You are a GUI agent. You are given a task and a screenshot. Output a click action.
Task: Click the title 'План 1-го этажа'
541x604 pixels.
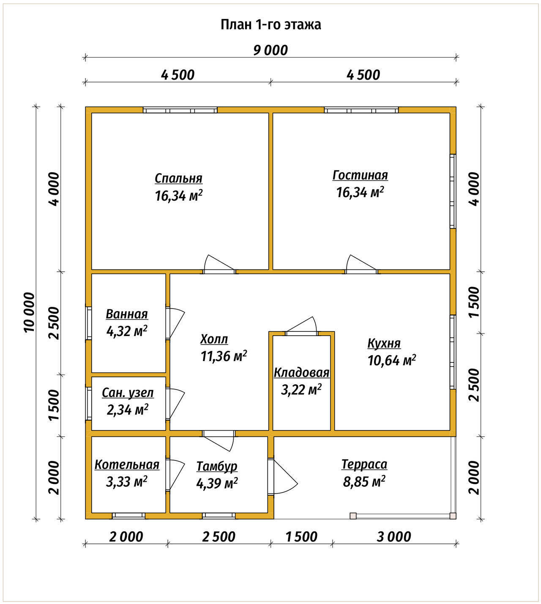tap(270, 25)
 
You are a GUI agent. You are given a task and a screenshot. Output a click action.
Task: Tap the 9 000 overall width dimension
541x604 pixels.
tap(270, 50)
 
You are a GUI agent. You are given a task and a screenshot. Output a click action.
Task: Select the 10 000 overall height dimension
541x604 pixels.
tap(30, 312)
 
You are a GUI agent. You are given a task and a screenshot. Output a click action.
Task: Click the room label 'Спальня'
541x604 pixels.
tap(178, 178)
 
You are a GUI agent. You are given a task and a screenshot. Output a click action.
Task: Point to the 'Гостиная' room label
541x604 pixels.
tap(360, 175)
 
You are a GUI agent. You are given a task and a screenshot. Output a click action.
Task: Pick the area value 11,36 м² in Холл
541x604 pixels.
tap(224, 356)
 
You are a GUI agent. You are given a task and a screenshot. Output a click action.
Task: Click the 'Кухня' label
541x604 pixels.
tap(384, 343)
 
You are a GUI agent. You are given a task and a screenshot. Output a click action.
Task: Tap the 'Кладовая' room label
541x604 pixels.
tap(301, 372)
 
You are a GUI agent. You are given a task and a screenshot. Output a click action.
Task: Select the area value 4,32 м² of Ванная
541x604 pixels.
tap(127, 331)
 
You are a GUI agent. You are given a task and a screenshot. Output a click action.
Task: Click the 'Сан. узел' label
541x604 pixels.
tap(128, 393)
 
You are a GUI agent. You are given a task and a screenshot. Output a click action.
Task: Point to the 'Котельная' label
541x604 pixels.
tap(127, 465)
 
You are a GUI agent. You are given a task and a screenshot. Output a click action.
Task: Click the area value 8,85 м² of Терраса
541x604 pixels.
tap(364, 481)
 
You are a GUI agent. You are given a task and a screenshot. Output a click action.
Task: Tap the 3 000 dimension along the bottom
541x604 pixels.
tap(393, 537)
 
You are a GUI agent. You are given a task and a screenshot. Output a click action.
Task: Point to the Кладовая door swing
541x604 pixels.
tap(301, 325)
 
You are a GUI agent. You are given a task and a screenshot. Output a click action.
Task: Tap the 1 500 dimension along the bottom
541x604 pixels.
tap(301, 537)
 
